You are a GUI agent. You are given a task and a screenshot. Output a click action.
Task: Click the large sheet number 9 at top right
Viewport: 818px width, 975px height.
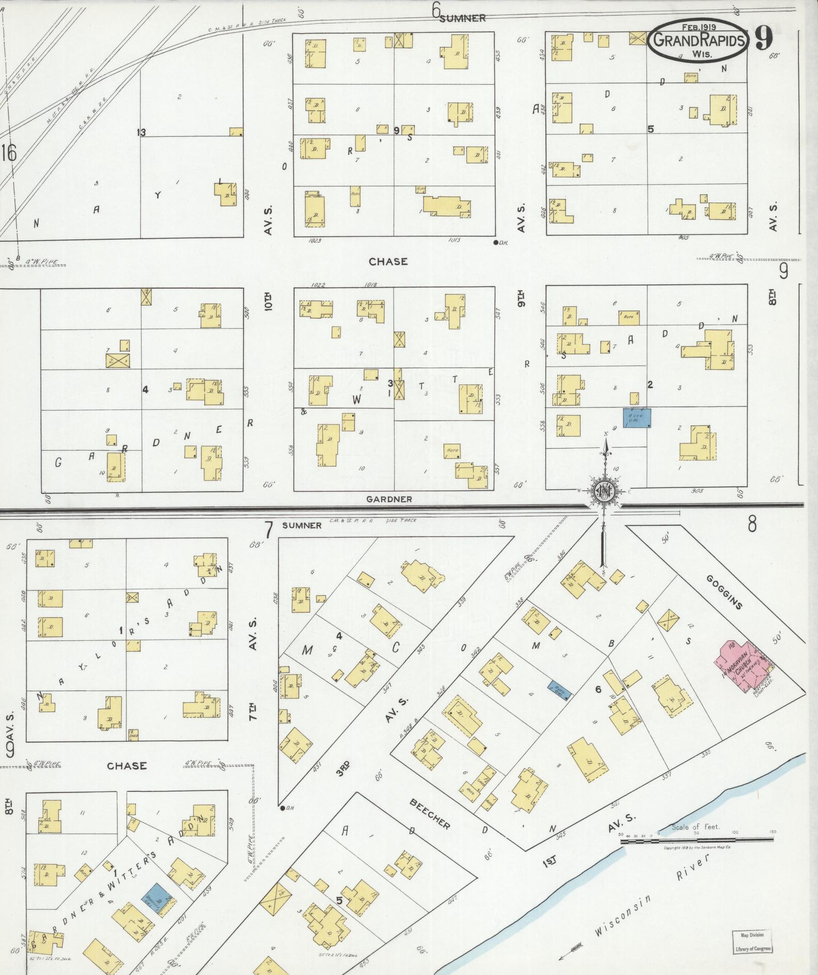click(x=764, y=37)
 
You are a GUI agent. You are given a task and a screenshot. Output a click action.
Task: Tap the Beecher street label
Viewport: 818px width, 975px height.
click(x=430, y=814)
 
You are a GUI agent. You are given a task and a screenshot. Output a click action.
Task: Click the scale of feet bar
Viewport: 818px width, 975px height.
click(x=696, y=840)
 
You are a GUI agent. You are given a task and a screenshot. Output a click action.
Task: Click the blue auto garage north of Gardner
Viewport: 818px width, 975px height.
click(x=637, y=418)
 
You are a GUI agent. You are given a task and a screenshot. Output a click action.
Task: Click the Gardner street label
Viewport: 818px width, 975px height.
click(x=389, y=499)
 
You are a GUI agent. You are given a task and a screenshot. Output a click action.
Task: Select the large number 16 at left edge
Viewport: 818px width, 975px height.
click(x=9, y=153)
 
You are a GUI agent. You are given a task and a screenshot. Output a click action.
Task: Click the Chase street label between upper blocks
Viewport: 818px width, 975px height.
click(x=388, y=261)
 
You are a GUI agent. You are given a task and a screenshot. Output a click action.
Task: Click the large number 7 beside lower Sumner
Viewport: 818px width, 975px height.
click(x=268, y=530)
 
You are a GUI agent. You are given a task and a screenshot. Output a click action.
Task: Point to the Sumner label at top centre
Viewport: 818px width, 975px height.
click(x=462, y=18)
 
